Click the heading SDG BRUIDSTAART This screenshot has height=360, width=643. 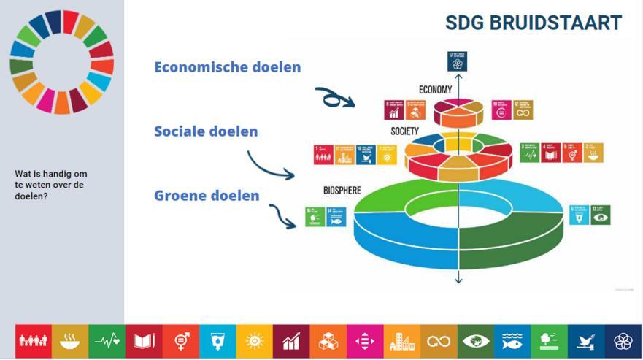coord(534,23)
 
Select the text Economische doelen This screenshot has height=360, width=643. coord(227,67)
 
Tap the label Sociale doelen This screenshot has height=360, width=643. coord(206,132)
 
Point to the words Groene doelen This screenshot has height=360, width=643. coord(207,196)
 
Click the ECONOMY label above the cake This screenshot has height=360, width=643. coord(435,90)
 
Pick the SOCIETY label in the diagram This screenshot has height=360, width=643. coord(404,131)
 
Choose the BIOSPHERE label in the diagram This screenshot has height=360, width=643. coord(342,191)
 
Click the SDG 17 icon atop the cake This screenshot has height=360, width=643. coord(458,61)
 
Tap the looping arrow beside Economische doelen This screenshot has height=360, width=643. coord(334,97)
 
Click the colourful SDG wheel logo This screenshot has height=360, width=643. coord(61,62)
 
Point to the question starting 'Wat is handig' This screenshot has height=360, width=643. coord(50,185)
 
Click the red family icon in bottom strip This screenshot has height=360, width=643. coord(34,341)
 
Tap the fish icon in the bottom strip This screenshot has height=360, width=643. coord(512,341)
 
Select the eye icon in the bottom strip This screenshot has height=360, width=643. coord(475,341)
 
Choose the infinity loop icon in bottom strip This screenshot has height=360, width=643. coord(438,341)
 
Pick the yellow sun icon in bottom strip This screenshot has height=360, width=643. coord(254,341)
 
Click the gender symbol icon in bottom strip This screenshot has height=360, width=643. coord(181,341)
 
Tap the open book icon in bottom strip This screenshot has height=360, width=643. coord(144,341)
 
